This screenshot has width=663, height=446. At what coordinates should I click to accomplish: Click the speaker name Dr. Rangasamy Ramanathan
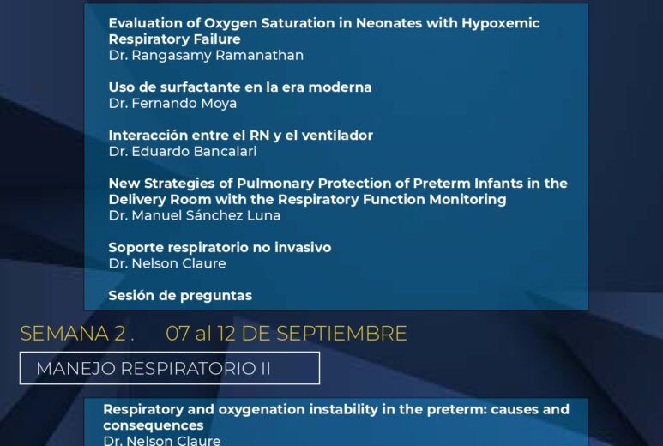[206, 56]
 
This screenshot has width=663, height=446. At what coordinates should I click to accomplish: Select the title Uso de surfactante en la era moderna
[240, 87]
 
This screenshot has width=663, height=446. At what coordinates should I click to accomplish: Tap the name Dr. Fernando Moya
[172, 104]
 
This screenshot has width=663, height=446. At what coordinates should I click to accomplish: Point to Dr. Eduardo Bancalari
[183, 151]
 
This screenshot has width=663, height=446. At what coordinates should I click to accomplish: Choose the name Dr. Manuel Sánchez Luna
[195, 215]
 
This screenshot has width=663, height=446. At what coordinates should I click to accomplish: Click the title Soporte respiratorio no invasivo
[220, 247]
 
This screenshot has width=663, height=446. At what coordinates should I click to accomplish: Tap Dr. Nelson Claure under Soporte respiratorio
[167, 264]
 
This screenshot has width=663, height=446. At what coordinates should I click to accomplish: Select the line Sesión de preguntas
[180, 296]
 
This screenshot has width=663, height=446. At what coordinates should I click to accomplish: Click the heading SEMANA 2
[77, 334]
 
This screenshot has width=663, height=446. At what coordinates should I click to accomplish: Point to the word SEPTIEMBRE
[341, 334]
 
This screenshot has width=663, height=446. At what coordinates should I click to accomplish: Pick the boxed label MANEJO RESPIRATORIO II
[170, 368]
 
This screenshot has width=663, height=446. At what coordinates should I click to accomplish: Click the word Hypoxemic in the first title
[501, 23]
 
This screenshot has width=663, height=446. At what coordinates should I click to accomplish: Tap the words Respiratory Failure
[175, 39]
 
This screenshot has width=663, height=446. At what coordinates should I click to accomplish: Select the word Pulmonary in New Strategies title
[275, 184]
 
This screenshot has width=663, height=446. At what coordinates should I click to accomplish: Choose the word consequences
[154, 425]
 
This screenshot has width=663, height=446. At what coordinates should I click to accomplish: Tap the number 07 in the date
[178, 334]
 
